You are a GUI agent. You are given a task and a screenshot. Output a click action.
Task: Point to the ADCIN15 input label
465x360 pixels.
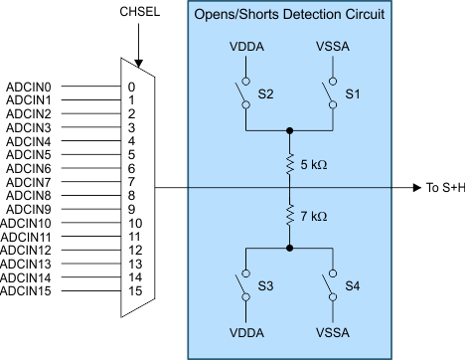30,291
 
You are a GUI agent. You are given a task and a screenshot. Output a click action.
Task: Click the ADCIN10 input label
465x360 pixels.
30,224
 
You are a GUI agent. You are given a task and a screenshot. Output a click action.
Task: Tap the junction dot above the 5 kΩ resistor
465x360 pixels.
289,129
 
